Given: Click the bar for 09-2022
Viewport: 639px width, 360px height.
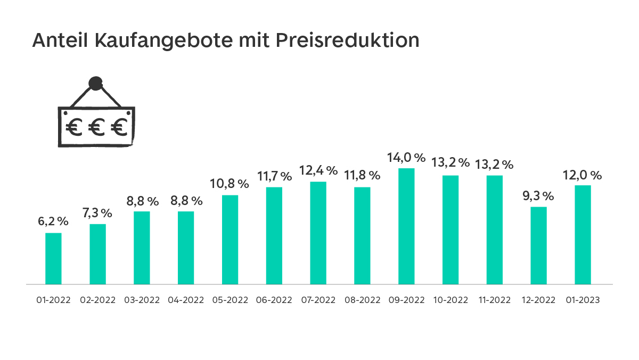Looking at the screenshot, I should pos(406,226).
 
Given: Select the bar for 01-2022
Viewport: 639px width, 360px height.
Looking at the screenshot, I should pos(53,259).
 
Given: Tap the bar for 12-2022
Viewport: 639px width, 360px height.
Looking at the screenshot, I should pos(539,246).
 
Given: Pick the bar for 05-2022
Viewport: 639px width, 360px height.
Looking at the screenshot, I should pos(230,240).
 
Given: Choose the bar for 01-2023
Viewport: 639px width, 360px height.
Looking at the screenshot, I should pos(583,235).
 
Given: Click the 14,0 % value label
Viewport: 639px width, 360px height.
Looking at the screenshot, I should pos(406,158).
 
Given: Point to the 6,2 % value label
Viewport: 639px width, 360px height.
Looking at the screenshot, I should pos(53,222).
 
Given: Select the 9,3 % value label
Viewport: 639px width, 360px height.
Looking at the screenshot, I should pos(539,196).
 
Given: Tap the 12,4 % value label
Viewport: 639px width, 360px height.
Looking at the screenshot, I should pos(318,171).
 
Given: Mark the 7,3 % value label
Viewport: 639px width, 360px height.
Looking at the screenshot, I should pos(97,213).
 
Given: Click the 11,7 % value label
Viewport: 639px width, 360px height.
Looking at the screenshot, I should pos(274,176).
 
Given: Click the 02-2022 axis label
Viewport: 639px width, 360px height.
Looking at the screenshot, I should pos(98,300).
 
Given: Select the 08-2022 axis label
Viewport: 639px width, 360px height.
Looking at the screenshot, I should pos(363,300).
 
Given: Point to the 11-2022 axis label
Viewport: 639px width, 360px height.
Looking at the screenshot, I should pos(495,300).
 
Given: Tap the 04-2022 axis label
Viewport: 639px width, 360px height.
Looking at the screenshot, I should pos(186,300).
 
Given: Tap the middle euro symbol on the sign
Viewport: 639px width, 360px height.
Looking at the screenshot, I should pos(96,127).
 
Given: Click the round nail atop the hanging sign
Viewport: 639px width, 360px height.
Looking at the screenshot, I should pos(95,83).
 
